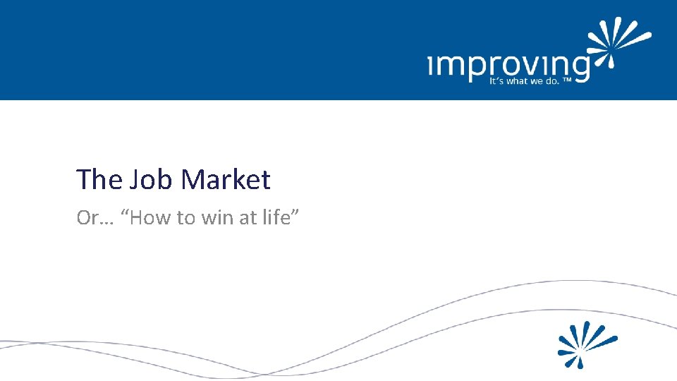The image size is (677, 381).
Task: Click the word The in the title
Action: click(99, 180)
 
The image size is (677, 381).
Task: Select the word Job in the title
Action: click(152, 180)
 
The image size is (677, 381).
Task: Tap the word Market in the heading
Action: click(226, 180)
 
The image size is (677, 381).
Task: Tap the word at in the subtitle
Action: click(248, 218)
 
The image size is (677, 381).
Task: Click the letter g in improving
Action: click(578, 68)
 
